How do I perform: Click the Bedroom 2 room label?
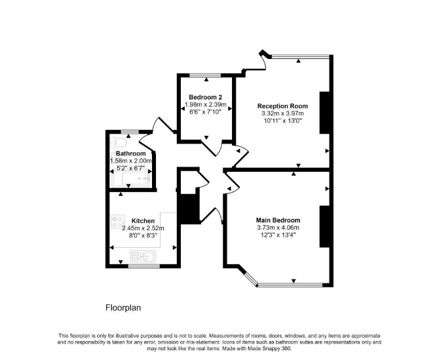[205, 97]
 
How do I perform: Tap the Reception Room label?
[282, 106]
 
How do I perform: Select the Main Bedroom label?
[278, 220]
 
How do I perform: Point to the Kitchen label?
[143, 221]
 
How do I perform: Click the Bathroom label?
[131, 153]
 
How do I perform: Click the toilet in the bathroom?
[119, 143]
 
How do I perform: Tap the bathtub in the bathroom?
[131, 178]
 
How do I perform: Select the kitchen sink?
[143, 256]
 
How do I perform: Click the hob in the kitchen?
[118, 222]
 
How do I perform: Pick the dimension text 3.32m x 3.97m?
[282, 113]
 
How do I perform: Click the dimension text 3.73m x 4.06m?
[278, 228]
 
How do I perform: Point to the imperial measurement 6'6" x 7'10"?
[205, 111]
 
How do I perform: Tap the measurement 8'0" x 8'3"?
[143, 235]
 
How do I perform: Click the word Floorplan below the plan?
[123, 308]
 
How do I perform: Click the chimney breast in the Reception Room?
[324, 113]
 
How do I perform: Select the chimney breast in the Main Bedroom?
[324, 226]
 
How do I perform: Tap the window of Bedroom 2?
[205, 75]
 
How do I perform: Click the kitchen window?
[144, 266]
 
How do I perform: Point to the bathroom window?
[130, 132]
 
